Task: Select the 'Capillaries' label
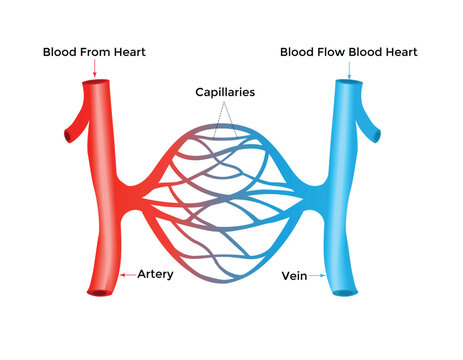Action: [225, 91]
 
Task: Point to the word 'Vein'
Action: [294, 272]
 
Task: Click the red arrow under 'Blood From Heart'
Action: [93, 68]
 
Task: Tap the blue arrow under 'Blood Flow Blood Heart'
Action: [349, 68]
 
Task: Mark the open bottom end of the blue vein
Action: [344, 292]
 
